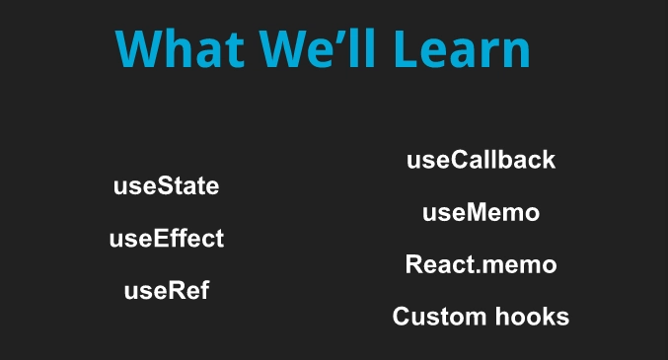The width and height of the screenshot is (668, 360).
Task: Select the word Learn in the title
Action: click(465, 48)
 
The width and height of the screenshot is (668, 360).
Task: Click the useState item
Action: click(166, 186)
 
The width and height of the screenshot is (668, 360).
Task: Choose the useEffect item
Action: click(166, 239)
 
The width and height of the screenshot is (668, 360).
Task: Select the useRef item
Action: click(166, 291)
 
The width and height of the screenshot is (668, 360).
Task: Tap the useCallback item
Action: click(481, 160)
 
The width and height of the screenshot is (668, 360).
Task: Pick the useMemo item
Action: click(481, 212)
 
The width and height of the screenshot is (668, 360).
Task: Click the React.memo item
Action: click(481, 264)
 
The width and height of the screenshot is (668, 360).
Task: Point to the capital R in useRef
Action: click(167, 291)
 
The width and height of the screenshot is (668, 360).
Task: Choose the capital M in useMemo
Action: click(478, 212)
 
